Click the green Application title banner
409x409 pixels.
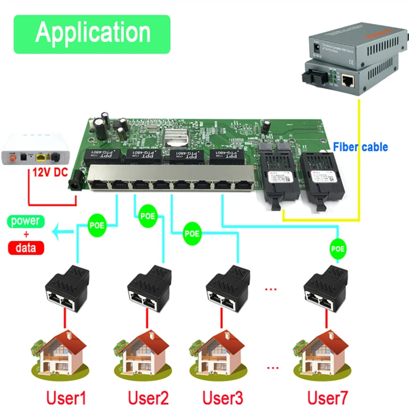coord(92,33)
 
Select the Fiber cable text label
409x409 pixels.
coord(360,147)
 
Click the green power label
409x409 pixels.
coord(26,221)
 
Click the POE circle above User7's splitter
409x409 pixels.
coord(338,249)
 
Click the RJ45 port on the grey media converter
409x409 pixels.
coord(349,80)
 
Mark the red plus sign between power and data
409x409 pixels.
coord(26,235)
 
